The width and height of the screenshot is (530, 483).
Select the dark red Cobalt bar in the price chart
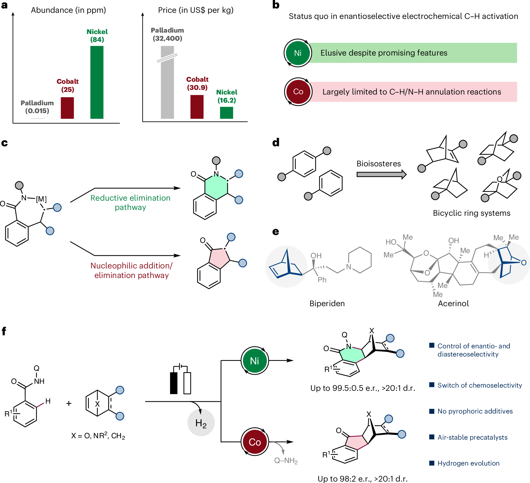click(x=197, y=107)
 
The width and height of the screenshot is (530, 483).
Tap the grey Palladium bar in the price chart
click(x=167, y=87)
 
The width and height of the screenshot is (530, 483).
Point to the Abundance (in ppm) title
click(x=68, y=10)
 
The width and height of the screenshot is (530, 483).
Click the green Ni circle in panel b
click(x=298, y=53)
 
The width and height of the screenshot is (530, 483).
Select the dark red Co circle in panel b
click(x=298, y=92)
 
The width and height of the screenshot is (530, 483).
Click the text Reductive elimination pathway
click(x=130, y=202)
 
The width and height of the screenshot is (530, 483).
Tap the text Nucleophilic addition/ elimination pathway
click(x=131, y=270)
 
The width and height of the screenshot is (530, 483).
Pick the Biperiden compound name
click(x=327, y=303)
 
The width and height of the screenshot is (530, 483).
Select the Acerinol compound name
click(x=453, y=303)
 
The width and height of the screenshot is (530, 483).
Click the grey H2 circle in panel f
click(x=201, y=423)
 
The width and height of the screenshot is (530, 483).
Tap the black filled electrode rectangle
click(x=174, y=383)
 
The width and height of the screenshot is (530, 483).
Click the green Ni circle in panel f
click(x=255, y=361)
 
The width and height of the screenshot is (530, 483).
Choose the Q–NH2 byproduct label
click(x=286, y=461)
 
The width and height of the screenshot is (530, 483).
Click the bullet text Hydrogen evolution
click(x=468, y=463)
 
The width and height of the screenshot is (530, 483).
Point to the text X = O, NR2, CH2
click(x=98, y=436)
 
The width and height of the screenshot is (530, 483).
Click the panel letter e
click(x=275, y=231)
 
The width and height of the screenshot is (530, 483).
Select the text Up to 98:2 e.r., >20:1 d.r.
click(x=362, y=479)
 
